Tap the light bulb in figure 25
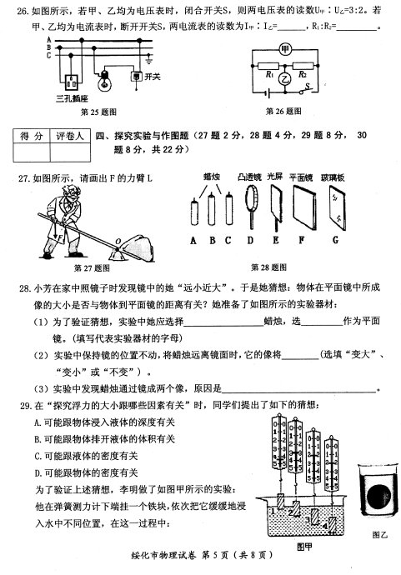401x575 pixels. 104,82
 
